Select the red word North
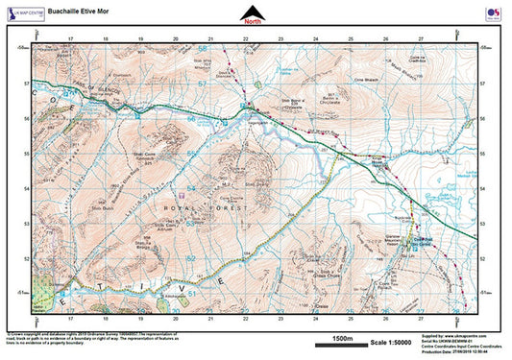coord(253,21)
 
